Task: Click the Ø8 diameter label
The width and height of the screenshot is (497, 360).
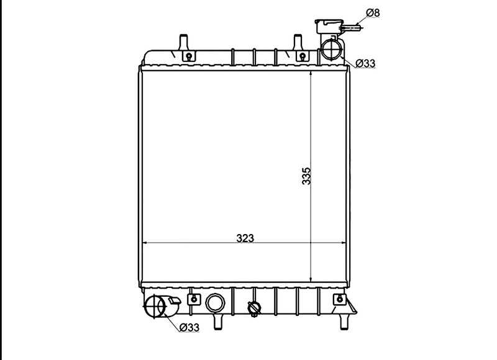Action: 373,13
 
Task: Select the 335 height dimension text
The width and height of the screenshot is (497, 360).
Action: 306,176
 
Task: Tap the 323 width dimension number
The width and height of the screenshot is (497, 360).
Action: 245,238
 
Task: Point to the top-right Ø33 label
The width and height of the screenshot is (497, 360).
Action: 365,63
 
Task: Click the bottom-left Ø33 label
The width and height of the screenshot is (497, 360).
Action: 189,327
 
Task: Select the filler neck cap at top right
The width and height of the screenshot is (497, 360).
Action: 329,26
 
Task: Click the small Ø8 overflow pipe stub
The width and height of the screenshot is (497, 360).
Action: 351,28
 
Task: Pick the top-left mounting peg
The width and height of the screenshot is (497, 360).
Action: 183,42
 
